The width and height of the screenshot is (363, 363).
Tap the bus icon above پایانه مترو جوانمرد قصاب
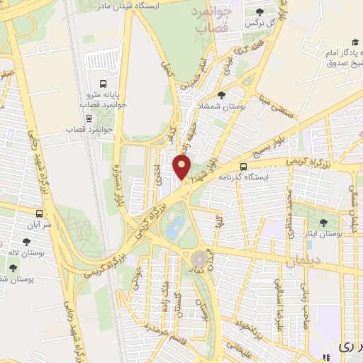[x=105, y=82]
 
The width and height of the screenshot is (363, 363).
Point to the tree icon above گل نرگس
[x=260, y=11]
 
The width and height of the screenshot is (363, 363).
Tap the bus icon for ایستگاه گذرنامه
[x=245, y=167]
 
